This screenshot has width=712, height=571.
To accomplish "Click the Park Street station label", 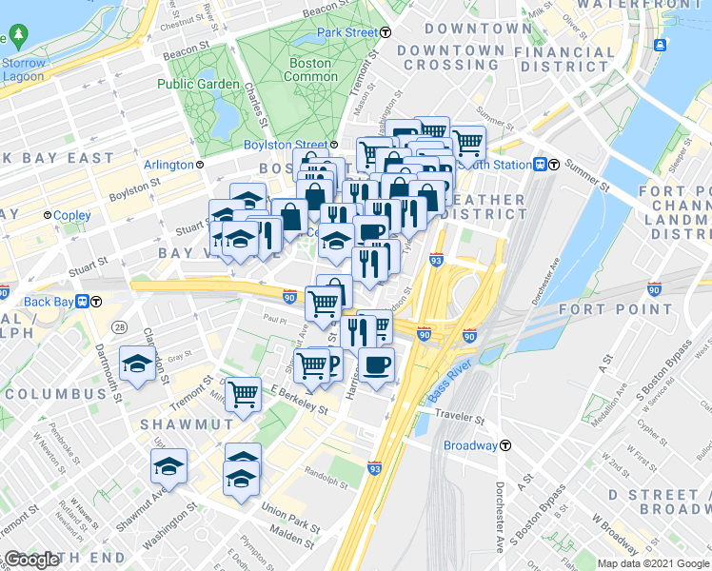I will (x=347, y=32).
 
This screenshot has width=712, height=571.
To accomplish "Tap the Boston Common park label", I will (x=310, y=69).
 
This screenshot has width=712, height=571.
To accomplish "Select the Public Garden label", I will (x=198, y=84).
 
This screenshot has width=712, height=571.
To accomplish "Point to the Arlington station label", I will (x=168, y=165).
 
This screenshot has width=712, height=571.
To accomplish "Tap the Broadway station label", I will (x=470, y=445).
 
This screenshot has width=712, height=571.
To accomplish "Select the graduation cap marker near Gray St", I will (x=138, y=364).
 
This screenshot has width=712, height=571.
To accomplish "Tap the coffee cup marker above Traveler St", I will (x=376, y=364).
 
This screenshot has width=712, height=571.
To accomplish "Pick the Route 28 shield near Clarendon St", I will (x=118, y=327).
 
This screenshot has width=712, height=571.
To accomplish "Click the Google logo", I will (x=31, y=561).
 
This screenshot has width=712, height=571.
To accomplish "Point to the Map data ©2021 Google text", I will (x=653, y=563).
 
